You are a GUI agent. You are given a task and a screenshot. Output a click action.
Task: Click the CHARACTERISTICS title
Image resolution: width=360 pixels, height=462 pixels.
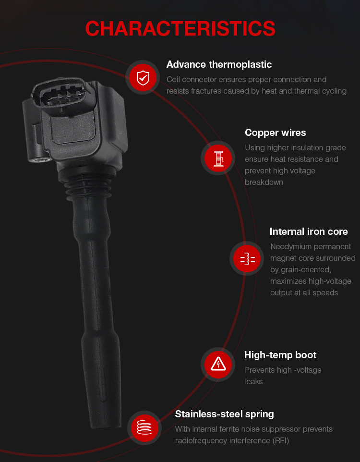coord(180,29)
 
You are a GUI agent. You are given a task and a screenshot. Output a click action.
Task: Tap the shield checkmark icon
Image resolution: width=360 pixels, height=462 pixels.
coord(143,78)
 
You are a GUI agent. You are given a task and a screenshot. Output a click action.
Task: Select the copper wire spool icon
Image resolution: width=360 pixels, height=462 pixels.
coord(218,158)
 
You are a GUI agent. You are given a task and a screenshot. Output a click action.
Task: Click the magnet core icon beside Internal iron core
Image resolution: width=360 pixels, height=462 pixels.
coord(247,259)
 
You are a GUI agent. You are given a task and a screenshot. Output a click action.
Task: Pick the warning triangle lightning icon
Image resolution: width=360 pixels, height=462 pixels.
coord(218,365)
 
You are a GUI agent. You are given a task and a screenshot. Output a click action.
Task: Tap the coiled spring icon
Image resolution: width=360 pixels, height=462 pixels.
coord(144,428)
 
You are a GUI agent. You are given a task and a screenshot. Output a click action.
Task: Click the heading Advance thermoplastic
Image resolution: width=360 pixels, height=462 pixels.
coord(219,64)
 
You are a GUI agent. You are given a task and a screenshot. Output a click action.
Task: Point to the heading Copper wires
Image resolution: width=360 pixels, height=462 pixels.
coord(275,133)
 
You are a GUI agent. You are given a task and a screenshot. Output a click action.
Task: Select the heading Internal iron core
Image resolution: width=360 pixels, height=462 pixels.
coord(309,231)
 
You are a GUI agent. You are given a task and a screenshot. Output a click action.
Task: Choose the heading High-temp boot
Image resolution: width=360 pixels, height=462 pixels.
coord(280,355)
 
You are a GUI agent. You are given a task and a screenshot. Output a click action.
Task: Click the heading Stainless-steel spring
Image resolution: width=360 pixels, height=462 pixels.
coord(224,414)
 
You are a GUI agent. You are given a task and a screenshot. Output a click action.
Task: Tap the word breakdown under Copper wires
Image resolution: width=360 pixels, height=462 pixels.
coord(264,182)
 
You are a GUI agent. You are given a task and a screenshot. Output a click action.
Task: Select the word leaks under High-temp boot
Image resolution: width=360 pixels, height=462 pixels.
coord(253,382)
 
